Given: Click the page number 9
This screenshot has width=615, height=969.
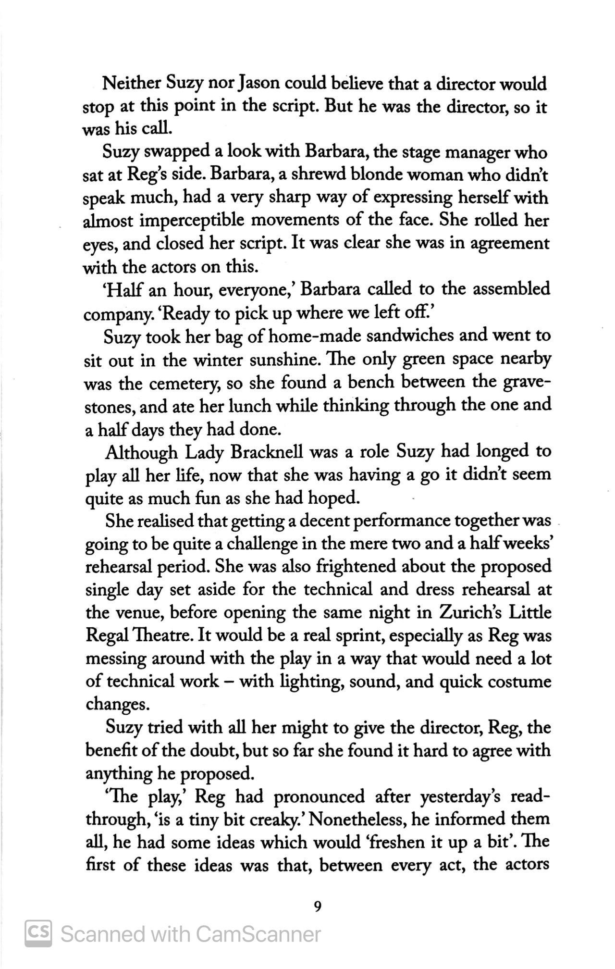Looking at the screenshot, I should pyautogui.click(x=317, y=907).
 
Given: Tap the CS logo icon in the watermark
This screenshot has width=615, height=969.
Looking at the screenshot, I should pyautogui.click(x=38, y=933).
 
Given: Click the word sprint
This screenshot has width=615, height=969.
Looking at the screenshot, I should pyautogui.click(x=356, y=636).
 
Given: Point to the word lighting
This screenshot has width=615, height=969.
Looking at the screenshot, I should pyautogui.click(x=305, y=682).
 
